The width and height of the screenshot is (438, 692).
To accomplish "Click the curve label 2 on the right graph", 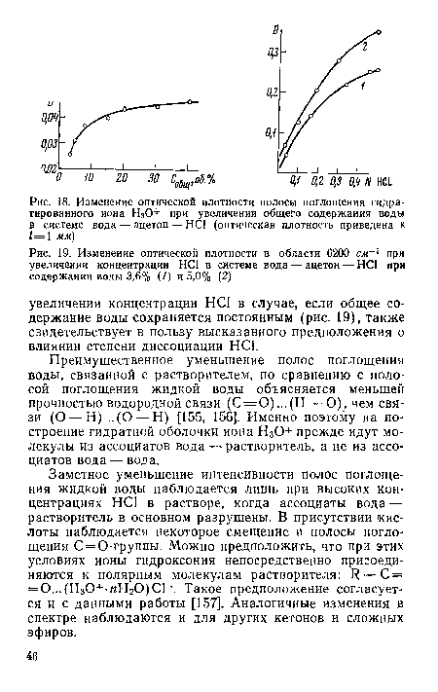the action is point(365,46).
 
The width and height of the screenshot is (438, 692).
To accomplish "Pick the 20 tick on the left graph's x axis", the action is point(122,181).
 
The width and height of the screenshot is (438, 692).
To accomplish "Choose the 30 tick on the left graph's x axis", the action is point(154,181).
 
